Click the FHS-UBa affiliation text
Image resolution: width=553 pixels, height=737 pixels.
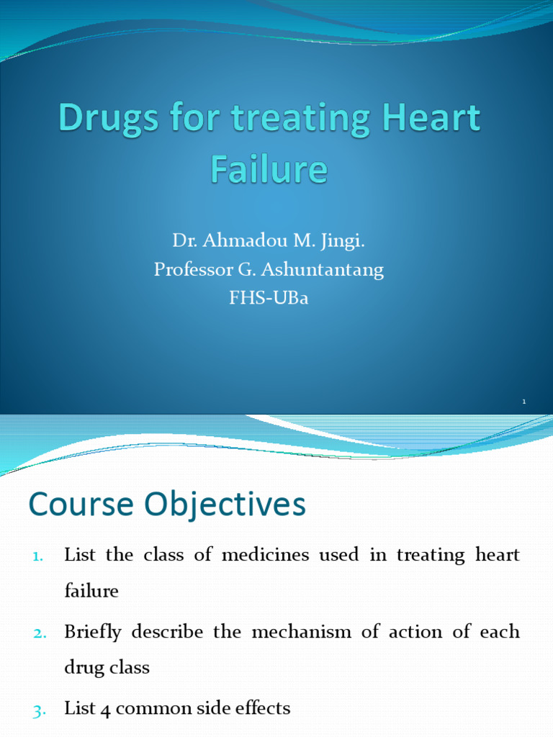click(269, 298)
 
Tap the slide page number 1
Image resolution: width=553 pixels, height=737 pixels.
click(525, 401)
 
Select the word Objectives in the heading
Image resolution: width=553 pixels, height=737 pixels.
click(220, 505)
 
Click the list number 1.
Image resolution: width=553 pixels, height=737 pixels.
click(38, 556)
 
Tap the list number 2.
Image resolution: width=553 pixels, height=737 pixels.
click(39, 633)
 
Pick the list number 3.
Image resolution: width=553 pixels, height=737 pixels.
click(39, 710)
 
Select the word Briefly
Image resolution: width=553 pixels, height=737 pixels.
click(93, 632)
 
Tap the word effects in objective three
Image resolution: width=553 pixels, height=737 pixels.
click(263, 709)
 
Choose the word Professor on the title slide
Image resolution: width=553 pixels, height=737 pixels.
click(189, 270)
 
